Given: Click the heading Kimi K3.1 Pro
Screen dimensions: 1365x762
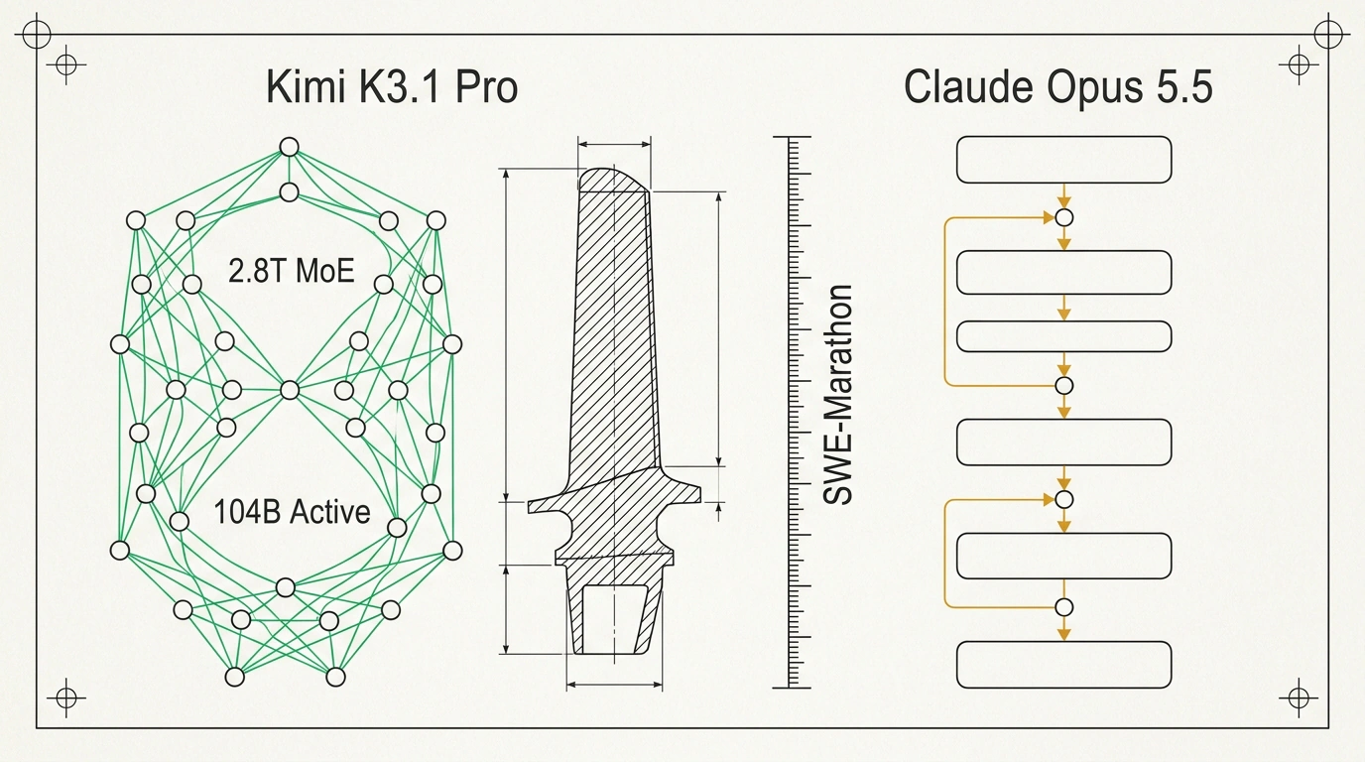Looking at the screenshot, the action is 392,87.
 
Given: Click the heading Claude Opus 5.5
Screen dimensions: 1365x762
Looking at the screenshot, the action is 1057,87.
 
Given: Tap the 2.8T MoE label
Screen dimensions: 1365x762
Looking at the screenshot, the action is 292,271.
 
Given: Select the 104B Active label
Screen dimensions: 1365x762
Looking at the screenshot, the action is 292,511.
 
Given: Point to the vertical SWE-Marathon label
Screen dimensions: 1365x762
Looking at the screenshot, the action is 837,395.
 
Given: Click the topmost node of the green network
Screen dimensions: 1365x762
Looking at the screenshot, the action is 289,147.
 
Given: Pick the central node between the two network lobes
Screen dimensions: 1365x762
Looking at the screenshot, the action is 290,390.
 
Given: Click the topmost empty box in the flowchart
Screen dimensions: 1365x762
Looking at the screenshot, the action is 1064,160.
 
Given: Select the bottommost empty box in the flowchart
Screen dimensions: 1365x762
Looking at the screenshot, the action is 1064,665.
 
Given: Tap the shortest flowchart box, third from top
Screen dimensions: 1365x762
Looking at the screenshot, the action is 1064,336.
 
